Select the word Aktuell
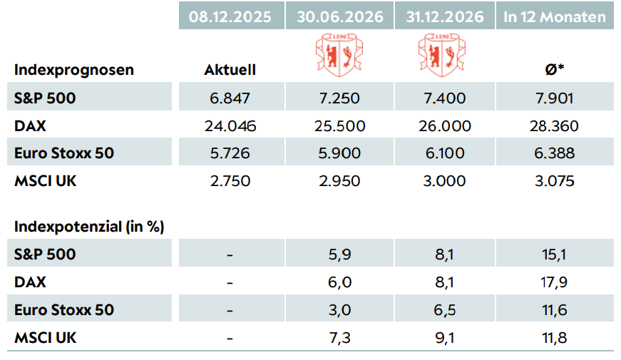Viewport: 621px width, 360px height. click(x=230, y=70)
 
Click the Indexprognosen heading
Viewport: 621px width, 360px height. click(x=74, y=70)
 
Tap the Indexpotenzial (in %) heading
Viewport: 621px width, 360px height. click(x=89, y=227)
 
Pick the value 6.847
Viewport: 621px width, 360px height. click(x=230, y=98)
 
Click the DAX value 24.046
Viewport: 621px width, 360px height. click(x=230, y=126)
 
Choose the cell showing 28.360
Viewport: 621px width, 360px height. click(x=555, y=126)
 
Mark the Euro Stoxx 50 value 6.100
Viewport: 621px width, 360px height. click(x=445, y=153)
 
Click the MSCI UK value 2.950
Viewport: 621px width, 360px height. click(x=339, y=180)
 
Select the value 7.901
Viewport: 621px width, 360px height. click(x=555, y=98)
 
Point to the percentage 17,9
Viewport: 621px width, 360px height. click(x=555, y=282)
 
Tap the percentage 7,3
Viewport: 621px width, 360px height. click(x=339, y=337)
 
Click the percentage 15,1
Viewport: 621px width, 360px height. click(x=555, y=254)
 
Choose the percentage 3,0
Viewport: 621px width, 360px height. click(x=339, y=310)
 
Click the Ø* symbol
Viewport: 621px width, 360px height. click(x=555, y=70)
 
